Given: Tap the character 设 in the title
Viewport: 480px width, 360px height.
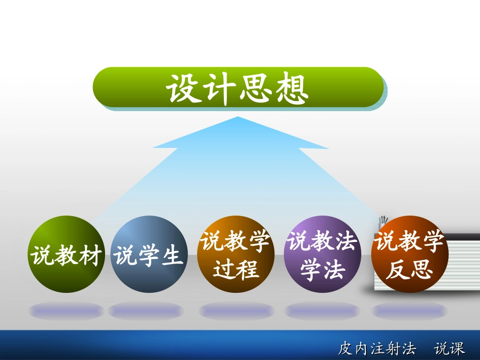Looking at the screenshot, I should pos(183,89).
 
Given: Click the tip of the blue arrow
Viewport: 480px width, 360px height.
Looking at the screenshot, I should pos(237,118).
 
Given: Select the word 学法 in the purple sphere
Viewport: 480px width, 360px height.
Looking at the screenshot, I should pos(322,269).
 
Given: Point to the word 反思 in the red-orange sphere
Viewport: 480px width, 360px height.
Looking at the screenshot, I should pos(409,269).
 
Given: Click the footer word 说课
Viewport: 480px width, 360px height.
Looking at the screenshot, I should pos(450,348).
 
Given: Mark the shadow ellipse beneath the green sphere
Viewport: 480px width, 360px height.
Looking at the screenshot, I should pos(66,310).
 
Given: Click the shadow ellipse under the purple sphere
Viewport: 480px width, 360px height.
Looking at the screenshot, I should pos(322,310).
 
